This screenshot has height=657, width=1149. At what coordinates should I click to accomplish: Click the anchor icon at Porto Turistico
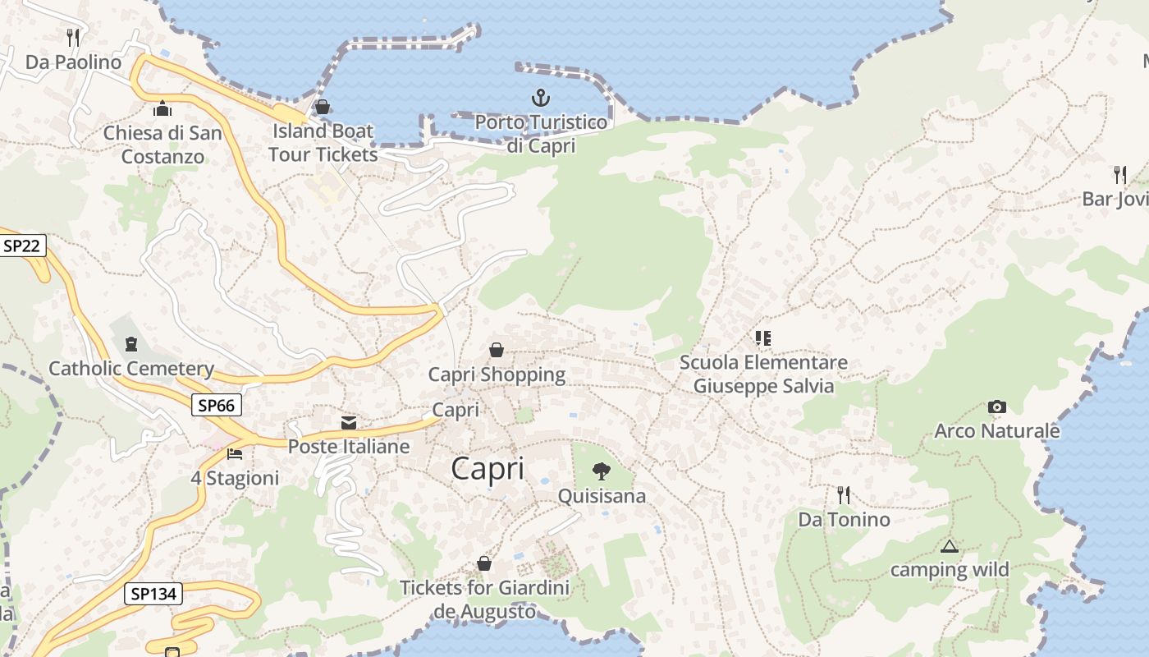(540, 99)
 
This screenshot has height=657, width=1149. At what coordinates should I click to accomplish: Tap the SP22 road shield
(23, 246)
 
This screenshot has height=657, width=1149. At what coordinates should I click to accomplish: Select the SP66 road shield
(217, 405)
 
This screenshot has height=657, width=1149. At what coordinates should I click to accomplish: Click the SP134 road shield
(153, 593)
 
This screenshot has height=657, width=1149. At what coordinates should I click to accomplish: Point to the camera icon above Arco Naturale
(997, 407)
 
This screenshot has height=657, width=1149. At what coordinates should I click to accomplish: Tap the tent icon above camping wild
(950, 546)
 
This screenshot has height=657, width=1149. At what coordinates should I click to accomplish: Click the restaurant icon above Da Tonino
(843, 494)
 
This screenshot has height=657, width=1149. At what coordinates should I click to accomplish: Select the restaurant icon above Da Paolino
(73, 37)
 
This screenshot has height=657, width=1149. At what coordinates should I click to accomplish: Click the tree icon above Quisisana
(602, 471)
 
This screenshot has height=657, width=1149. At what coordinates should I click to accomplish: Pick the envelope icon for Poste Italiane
(349, 423)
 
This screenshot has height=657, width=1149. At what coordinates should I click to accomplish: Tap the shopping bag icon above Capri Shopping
(497, 350)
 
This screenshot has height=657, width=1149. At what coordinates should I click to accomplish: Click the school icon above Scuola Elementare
(763, 338)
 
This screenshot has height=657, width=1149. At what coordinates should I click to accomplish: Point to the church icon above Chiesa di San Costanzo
(163, 108)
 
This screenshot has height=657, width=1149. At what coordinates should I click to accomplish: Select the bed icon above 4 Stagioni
(235, 453)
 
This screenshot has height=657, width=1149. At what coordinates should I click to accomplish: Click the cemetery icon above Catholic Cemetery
(130, 344)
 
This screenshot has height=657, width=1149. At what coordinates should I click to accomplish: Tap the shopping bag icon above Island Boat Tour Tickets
(323, 107)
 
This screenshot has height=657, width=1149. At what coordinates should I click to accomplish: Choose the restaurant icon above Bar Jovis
(1120, 174)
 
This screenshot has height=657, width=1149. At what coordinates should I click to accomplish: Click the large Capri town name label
(488, 468)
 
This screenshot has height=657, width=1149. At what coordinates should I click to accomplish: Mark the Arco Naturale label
(997, 430)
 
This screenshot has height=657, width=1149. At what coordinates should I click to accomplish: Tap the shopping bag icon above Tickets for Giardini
(484, 563)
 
